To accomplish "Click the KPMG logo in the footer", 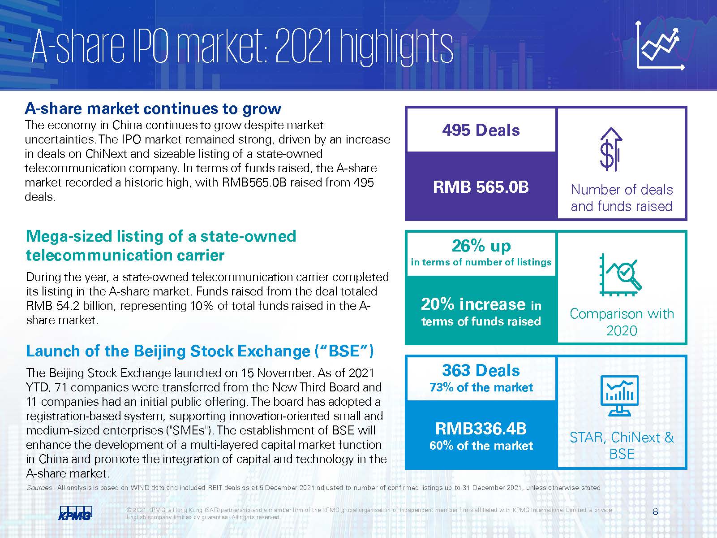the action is pos(75,513).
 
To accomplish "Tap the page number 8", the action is pos(655,512).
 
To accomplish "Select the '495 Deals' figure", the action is pos(481,130).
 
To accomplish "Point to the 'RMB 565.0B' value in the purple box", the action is pos(481,187).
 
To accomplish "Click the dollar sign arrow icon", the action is pos(611,149).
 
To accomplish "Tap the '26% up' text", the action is pos(481,246).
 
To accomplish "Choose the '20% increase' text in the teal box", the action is pos(473,304).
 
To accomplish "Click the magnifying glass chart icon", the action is pos(620,274).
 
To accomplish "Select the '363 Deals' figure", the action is pos(481,371).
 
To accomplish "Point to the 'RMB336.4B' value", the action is pos(481,429).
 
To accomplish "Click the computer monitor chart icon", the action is pos(620,396).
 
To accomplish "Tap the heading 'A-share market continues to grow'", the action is pos(153,108).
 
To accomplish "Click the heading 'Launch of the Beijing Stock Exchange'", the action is pos(200,351).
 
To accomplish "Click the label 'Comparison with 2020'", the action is pos(622,322).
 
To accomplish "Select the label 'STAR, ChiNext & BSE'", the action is pos(622,446).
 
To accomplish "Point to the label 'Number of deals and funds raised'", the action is pos(622,198).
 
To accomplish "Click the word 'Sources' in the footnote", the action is pos(39,488).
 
